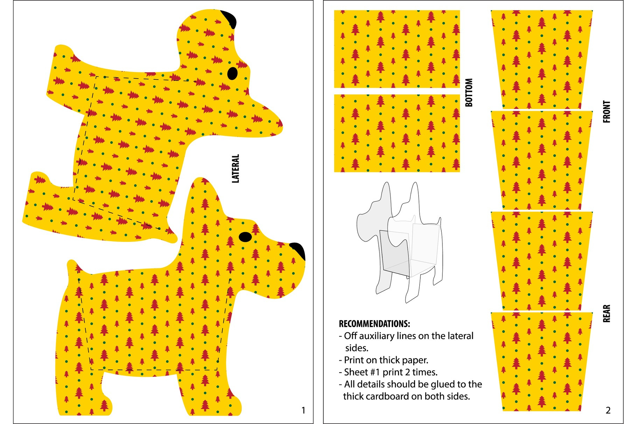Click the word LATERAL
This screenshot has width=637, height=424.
[236, 168]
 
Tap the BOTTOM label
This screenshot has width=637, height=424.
[469, 92]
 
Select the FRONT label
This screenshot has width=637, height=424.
[607, 112]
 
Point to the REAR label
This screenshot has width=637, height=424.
[607, 313]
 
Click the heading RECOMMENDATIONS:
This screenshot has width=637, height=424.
[374, 324]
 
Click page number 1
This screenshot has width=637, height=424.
[303, 410]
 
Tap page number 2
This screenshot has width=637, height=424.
[608, 410]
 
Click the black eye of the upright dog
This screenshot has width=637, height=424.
[245, 237]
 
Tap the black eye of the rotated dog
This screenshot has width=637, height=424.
[232, 73]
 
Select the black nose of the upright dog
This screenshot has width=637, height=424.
[298, 250]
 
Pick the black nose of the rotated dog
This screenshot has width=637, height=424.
[229, 19]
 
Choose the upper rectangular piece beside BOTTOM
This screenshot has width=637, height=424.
[397, 49]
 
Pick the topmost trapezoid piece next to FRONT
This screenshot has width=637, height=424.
[542, 59]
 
